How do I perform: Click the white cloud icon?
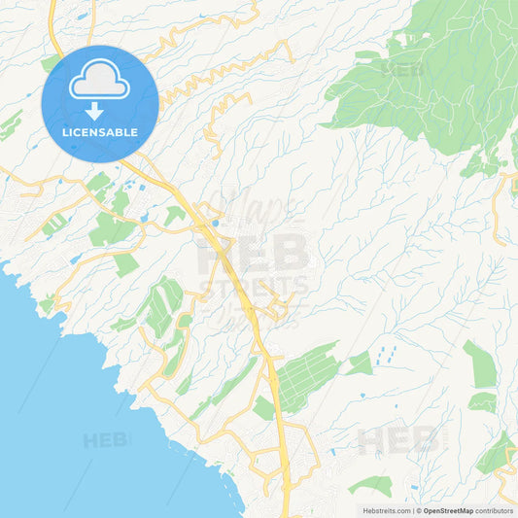tap(99, 82)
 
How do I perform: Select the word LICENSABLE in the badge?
tap(99, 132)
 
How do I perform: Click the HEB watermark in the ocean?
tap(105, 440)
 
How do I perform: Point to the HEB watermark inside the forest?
tap(403, 70)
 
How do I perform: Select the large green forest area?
tap(428, 78)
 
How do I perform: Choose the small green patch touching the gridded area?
tap(360, 363)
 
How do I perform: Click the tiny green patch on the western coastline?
tap(47, 305)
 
